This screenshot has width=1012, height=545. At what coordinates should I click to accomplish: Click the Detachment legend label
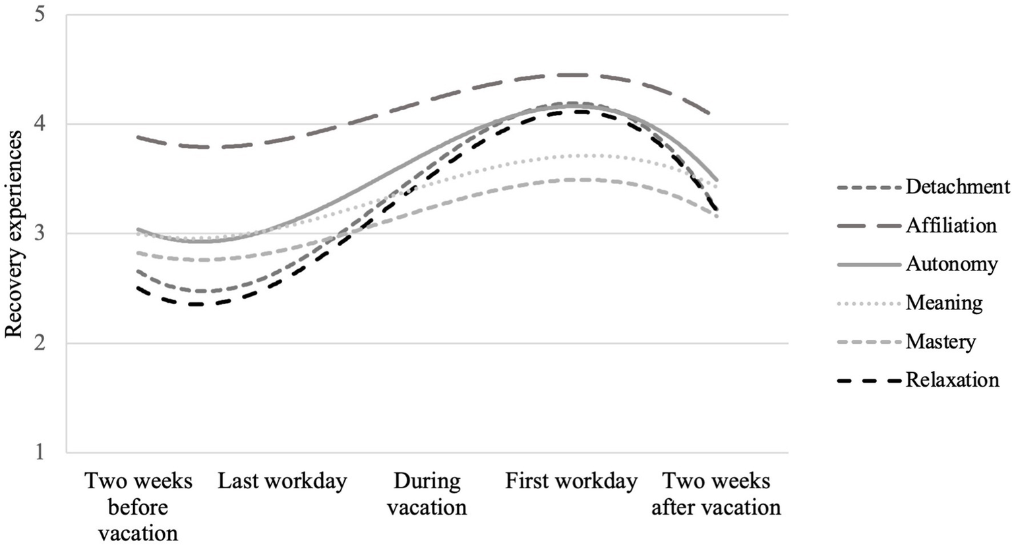tap(957, 187)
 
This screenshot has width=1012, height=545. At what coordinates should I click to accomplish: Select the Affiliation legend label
tap(951, 226)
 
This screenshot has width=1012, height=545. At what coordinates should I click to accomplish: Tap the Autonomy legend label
tap(951, 264)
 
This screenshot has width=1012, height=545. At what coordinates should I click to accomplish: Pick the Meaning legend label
tap(944, 303)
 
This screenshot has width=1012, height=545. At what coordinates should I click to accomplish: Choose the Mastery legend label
tap(940, 342)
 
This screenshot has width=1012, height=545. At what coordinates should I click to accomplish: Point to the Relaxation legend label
tap(952, 380)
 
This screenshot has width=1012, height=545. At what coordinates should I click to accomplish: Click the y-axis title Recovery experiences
tap(14, 234)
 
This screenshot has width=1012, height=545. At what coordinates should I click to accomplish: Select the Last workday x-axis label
tap(282, 481)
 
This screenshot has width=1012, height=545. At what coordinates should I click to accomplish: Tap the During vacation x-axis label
tap(427, 494)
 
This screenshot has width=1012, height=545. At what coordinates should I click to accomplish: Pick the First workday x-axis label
tap(571, 481)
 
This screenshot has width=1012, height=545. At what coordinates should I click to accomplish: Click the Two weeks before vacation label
tap(138, 507)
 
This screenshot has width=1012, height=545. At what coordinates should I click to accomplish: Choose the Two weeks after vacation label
tap(716, 494)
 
